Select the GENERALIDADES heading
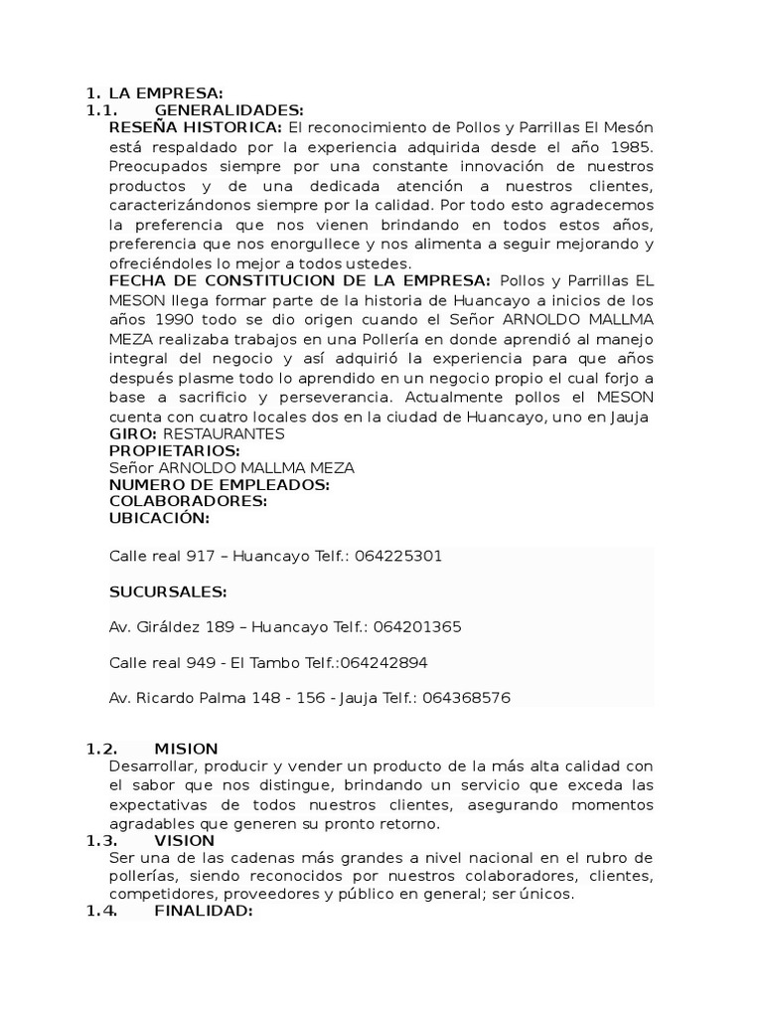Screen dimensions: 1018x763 (x=229, y=110)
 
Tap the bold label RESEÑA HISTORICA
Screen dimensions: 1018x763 (x=195, y=128)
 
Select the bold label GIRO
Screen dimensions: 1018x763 (x=132, y=433)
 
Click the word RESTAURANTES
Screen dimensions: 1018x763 (x=224, y=433)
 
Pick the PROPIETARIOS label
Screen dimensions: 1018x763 (x=175, y=450)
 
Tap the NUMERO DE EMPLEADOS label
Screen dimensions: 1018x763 (x=219, y=484)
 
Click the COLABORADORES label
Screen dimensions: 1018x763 (x=188, y=501)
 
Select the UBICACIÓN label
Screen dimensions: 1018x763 (x=159, y=518)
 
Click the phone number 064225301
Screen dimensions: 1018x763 (x=393, y=557)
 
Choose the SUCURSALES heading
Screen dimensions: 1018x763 (x=167, y=593)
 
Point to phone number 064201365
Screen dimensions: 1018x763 (x=412, y=627)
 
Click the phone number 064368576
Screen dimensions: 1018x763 (x=466, y=698)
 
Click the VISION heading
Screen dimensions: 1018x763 (x=185, y=840)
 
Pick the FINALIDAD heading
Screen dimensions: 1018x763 (x=204, y=911)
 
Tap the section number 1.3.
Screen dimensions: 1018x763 (x=101, y=840)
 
